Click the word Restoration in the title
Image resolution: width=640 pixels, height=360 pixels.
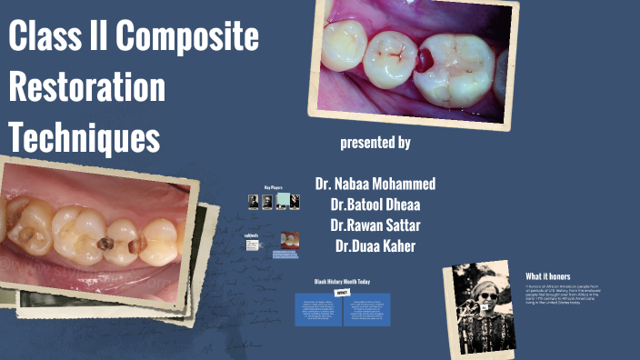[x=87, y=88]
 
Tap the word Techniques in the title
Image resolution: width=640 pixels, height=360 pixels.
[x=85, y=138]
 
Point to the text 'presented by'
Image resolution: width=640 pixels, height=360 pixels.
[x=375, y=143]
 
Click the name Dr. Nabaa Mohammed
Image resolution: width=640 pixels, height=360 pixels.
[x=375, y=183]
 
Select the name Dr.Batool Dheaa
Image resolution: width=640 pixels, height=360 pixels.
[x=375, y=204]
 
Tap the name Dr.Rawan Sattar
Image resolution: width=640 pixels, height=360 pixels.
[x=375, y=225]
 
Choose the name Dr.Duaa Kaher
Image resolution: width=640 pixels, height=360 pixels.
[x=375, y=245]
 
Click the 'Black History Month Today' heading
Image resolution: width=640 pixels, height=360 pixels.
[x=342, y=282]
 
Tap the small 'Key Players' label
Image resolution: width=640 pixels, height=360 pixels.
[x=274, y=187]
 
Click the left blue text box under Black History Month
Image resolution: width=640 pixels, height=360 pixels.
[x=317, y=309]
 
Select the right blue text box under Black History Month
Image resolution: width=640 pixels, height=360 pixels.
[x=366, y=309]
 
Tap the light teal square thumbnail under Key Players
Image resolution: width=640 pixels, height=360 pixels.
[x=283, y=201]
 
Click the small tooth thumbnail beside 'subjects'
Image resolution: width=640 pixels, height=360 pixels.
[x=289, y=240]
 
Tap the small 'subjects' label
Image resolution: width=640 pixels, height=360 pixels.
[x=252, y=235]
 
